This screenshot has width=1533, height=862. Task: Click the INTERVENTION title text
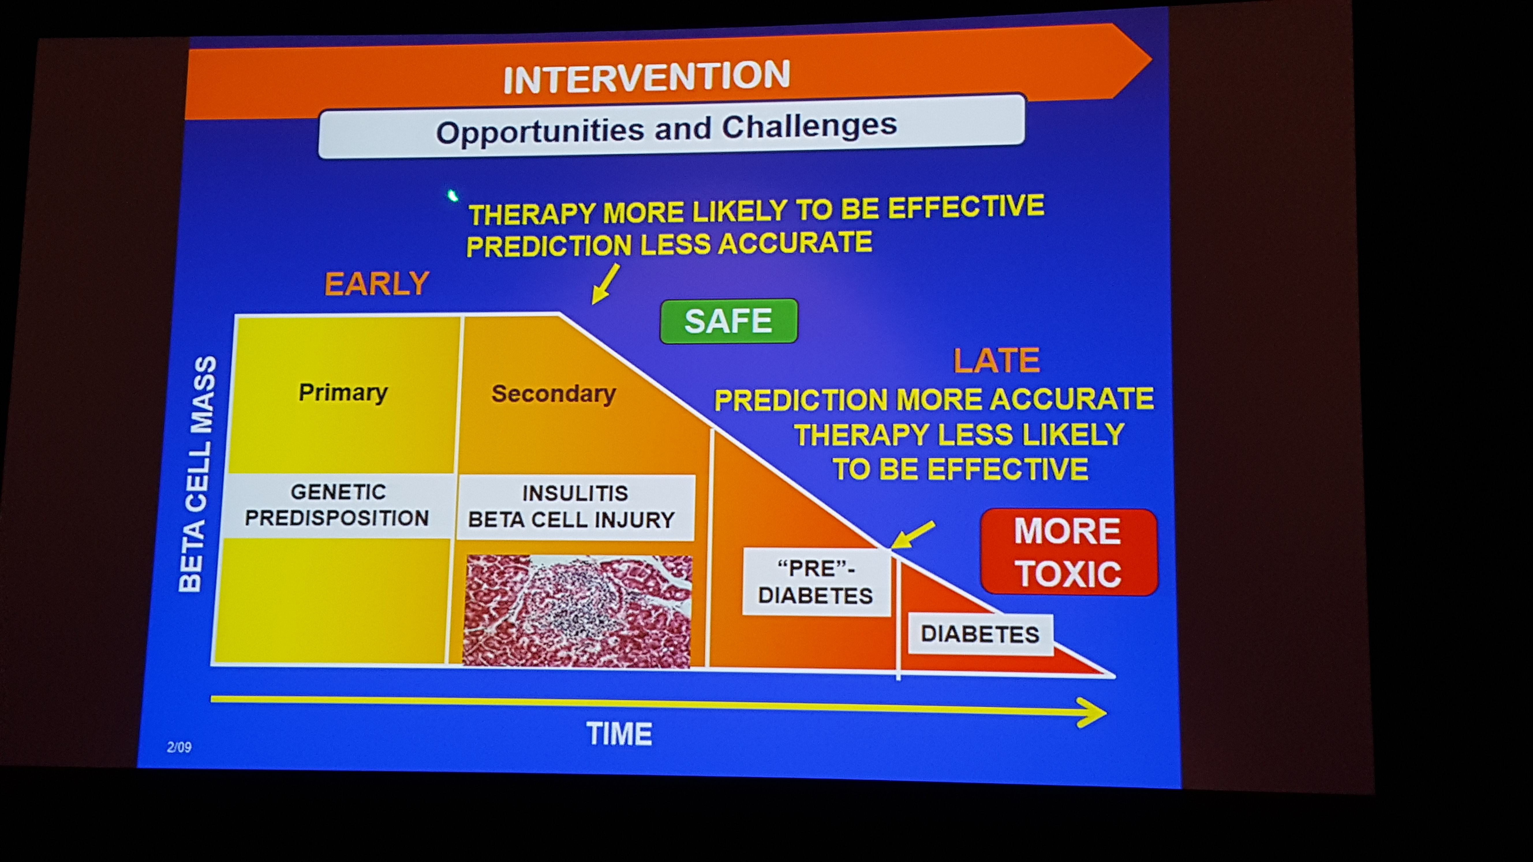[647, 77]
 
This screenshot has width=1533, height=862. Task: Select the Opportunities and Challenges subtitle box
[671, 126]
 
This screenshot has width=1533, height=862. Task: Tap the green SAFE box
[728, 321]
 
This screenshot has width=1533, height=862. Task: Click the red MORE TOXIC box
[1069, 552]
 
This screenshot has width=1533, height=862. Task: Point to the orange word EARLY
[377, 284]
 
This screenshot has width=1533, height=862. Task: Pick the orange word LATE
[997, 361]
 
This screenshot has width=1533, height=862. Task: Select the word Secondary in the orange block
[554, 394]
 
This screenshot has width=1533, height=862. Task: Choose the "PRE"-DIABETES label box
[816, 582]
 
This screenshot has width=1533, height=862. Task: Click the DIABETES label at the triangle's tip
[980, 634]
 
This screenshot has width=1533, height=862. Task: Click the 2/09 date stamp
[179, 747]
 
